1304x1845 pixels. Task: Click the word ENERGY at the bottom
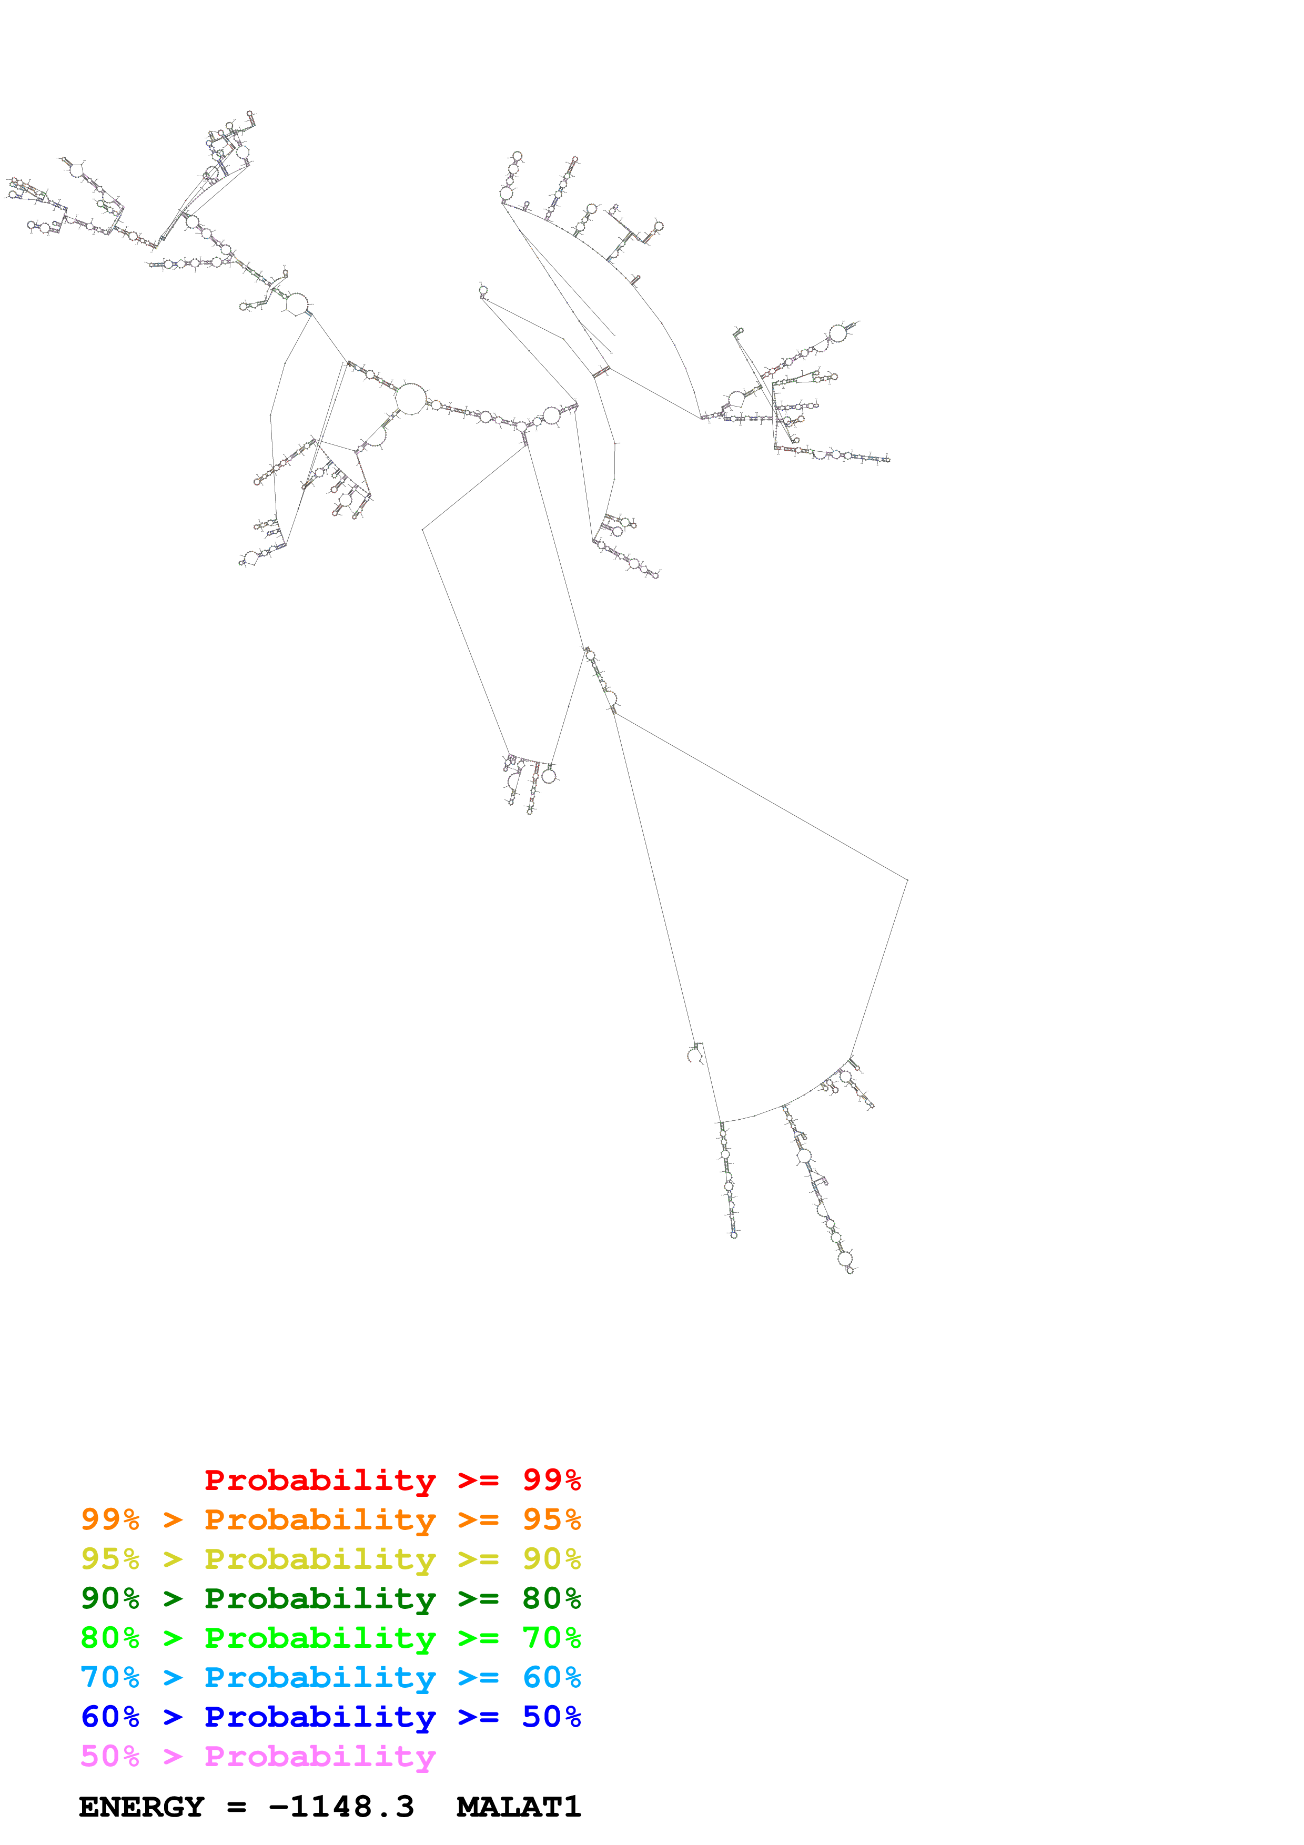[141, 1807]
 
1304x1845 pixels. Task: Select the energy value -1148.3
[341, 1807]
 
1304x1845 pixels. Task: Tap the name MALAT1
[518, 1807]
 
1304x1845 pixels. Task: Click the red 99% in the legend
[551, 1479]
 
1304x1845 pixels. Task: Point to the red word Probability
[320, 1479]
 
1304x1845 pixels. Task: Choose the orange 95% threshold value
[551, 1519]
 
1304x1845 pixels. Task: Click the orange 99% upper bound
[110, 1519]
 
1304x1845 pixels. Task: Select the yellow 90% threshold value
[551, 1558]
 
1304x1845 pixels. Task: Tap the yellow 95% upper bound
[110, 1558]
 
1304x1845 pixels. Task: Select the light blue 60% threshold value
[551, 1677]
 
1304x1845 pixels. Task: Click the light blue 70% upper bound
[110, 1677]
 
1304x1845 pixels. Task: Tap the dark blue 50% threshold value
[551, 1717]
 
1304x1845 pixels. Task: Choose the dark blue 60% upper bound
[110, 1717]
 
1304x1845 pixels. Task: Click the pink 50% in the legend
[110, 1756]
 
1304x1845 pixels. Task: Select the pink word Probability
[320, 1756]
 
